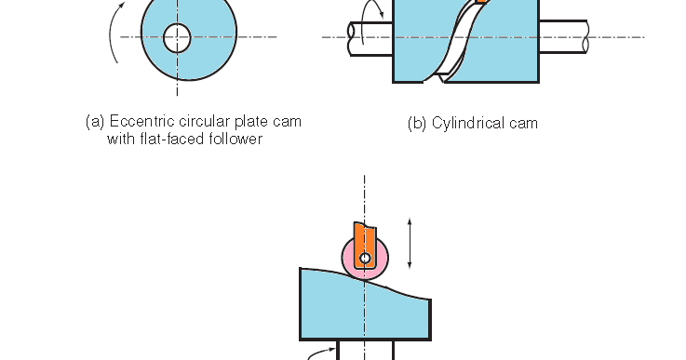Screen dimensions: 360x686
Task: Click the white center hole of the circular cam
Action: pyautogui.click(x=177, y=38)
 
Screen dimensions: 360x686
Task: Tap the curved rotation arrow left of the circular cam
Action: pyautogui.click(x=113, y=42)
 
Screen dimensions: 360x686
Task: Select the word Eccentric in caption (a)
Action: pyautogui.click(x=140, y=122)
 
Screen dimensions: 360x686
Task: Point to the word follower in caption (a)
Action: pyautogui.click(x=236, y=140)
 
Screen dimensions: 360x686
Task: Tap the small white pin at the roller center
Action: pyautogui.click(x=365, y=258)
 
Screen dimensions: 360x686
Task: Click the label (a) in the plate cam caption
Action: pyautogui.click(x=94, y=122)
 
